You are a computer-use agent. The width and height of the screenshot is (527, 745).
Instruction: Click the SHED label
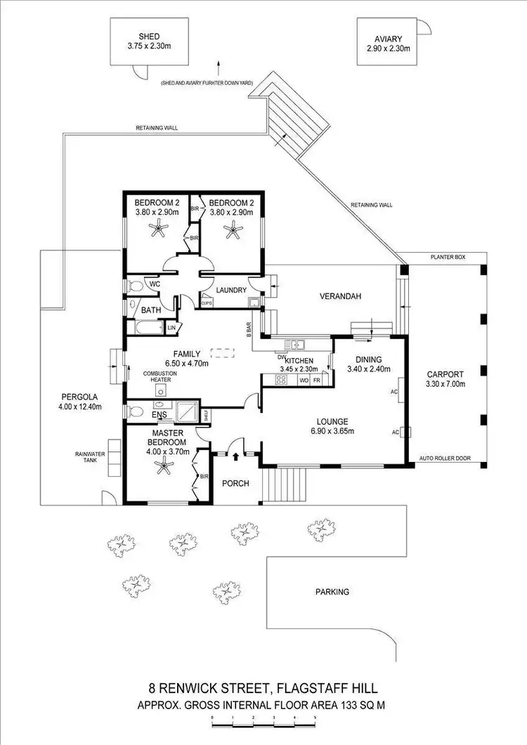pyautogui.click(x=149, y=37)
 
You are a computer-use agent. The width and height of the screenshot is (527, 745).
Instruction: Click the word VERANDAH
pyautogui.click(x=342, y=296)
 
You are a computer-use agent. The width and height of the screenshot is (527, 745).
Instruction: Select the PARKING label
pyautogui.click(x=332, y=592)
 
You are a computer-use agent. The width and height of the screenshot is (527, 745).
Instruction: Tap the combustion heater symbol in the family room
pyautogui.click(x=161, y=390)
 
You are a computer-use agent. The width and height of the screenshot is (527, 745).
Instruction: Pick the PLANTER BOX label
pyautogui.click(x=449, y=258)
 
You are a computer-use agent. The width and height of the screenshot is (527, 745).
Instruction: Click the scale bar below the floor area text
pyautogui.click(x=263, y=721)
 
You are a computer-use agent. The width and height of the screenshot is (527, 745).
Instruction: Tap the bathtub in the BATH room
pyautogui.click(x=145, y=328)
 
